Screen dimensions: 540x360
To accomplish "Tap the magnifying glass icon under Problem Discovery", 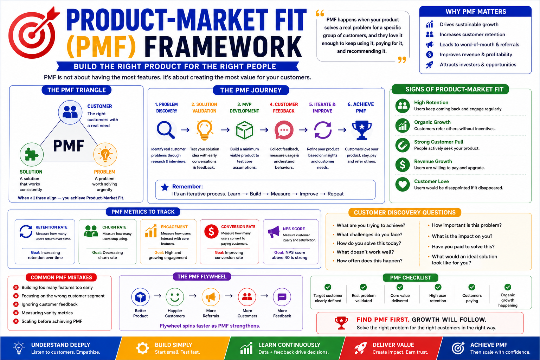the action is [166, 130].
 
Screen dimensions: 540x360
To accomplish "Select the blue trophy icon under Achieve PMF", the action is [362, 130].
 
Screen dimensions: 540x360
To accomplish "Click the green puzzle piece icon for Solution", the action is [32, 154].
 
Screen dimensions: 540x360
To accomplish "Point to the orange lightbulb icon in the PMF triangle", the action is [105, 154].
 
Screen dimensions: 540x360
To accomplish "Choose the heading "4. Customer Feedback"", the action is [284, 108].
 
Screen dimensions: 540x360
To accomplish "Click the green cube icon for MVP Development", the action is [244, 130].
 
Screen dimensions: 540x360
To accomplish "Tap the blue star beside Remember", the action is [165, 187].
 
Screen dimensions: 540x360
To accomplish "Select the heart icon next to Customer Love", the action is [403, 185].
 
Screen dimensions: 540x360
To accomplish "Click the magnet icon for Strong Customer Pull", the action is [403, 145].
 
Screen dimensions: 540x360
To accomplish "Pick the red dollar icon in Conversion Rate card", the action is [211, 231].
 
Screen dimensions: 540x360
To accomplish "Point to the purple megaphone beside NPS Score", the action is [274, 232].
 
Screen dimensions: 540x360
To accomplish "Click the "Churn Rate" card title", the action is [114, 227].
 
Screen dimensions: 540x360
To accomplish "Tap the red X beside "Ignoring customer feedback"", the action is [16, 304].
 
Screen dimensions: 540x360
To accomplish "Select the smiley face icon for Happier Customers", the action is [175, 297].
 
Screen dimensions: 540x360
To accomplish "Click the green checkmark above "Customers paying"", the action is [472, 287].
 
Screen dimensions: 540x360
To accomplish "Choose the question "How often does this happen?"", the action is [369, 261].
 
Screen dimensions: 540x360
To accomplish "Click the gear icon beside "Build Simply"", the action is [142, 348].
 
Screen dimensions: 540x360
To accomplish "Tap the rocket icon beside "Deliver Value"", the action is [360, 348].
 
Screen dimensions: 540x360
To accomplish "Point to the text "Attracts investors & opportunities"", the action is [478, 65].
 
